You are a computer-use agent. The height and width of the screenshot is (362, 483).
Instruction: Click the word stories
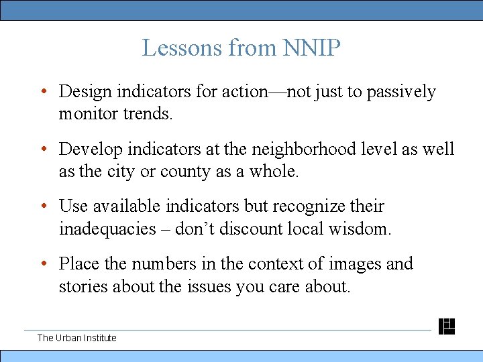(84, 286)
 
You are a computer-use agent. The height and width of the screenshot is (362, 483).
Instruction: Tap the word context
(274, 264)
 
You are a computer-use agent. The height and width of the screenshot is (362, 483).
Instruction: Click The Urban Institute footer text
(76, 338)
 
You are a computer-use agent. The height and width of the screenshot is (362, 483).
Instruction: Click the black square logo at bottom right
(447, 326)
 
